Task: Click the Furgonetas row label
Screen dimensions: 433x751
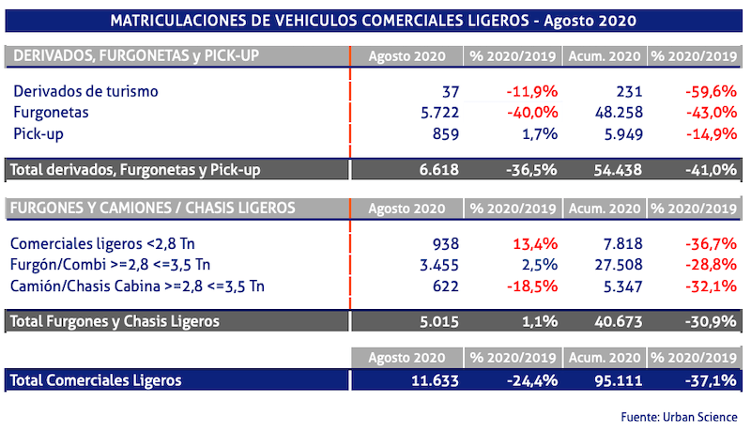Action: click(53, 113)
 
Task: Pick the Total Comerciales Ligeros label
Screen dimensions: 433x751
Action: click(95, 380)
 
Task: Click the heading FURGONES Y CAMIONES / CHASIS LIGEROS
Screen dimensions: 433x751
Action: click(151, 207)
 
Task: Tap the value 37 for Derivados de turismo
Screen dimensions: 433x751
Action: click(449, 91)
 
